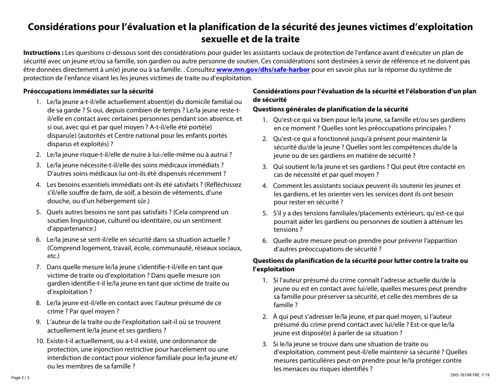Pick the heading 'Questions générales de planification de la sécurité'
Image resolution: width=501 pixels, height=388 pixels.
pos(331,109)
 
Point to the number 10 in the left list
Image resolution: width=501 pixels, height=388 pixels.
pos(41,341)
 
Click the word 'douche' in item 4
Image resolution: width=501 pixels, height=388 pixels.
pos(59,201)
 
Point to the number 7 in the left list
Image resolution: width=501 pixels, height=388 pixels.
pos(38,267)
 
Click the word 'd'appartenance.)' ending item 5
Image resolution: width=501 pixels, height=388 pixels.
pos(72,229)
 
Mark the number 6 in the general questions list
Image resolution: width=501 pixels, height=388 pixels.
pos(265,241)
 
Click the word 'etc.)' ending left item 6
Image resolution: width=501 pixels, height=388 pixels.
pos(54,256)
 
